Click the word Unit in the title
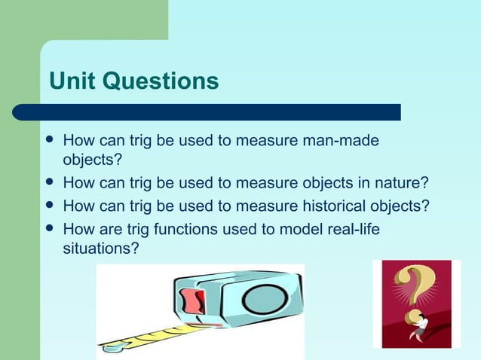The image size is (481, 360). (x=72, y=81)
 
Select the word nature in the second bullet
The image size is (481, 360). (x=403, y=182)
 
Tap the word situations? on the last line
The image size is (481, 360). (x=100, y=247)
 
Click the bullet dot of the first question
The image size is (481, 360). (x=50, y=141)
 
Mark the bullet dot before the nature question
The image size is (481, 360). (x=50, y=182)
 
